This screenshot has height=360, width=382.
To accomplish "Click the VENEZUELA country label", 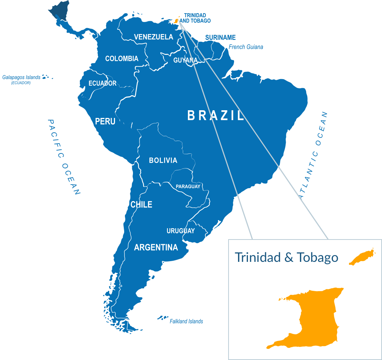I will [153, 37].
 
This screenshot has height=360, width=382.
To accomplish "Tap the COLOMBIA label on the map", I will [122, 59].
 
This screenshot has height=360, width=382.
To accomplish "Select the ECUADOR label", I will [103, 83].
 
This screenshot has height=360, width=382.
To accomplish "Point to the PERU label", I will [105, 121].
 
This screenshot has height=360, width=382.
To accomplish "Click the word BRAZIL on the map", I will [216, 116].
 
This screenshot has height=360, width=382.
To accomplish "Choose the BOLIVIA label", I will [163, 160].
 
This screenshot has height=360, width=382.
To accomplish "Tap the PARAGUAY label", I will [188, 187].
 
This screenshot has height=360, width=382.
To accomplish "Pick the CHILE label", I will [141, 205].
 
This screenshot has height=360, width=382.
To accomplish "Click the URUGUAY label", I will [181, 231].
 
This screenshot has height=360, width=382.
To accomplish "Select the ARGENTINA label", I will [156, 248].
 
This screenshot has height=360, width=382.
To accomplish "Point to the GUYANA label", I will [185, 60].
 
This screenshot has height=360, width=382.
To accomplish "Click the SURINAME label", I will [220, 38].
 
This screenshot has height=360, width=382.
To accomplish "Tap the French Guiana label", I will [246, 47].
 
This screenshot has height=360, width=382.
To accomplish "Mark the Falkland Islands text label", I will [186, 322].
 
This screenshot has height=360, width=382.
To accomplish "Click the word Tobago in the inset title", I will [317, 257].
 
